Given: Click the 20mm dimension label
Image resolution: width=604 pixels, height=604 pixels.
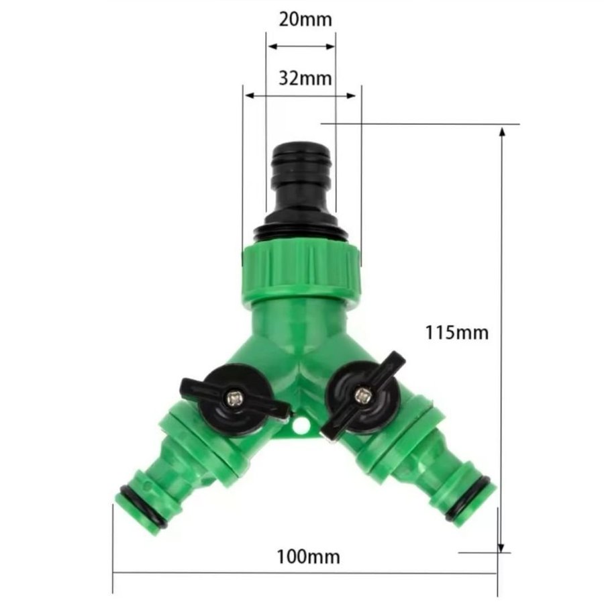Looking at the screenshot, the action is [x=305, y=19].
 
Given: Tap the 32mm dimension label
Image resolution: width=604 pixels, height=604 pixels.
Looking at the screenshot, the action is [x=305, y=79].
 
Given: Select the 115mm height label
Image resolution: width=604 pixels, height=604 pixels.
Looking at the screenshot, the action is [x=456, y=332].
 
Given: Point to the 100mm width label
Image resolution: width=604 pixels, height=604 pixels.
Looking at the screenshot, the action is [x=309, y=557].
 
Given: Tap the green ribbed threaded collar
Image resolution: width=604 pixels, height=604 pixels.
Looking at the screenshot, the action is [x=301, y=270].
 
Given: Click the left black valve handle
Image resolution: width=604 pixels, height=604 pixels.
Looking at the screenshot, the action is [x=235, y=399].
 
